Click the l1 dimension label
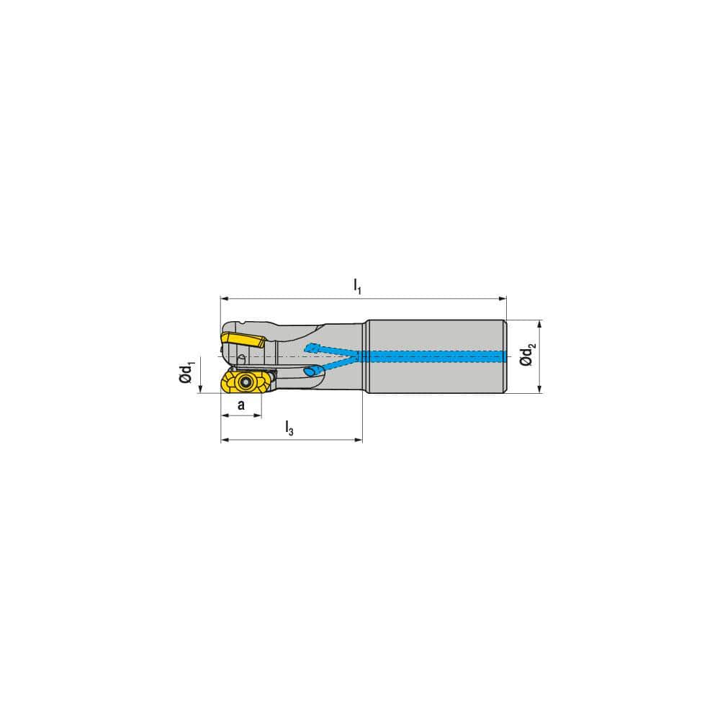tap(357, 286)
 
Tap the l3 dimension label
tap(289, 430)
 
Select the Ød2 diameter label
tap(529, 356)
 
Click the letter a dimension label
tap(241, 405)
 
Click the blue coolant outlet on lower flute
tap(311, 372)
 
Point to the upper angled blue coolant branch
tap(328, 351)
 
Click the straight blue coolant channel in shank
tap(432, 356)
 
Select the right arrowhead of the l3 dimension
tap(358, 439)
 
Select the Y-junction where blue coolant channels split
tap(357, 356)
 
